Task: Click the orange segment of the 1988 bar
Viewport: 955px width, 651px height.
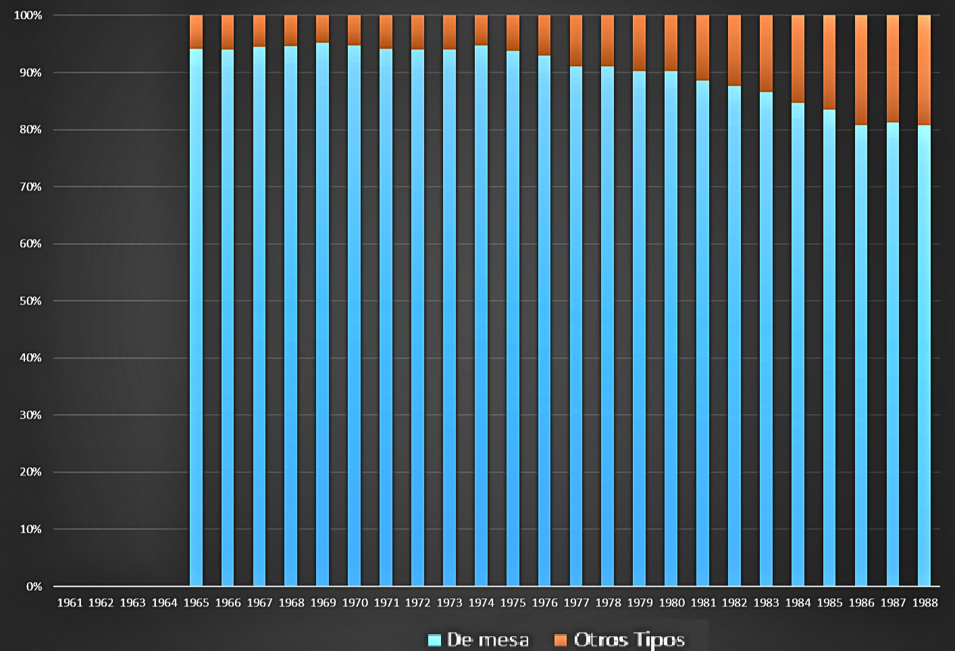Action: coord(924,70)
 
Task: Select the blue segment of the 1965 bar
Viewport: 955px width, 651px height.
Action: coord(196,317)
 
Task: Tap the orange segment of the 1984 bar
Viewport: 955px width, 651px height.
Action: coord(798,59)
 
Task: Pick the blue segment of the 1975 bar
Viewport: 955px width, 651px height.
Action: coord(513,318)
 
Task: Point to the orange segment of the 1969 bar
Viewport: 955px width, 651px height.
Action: coord(323,29)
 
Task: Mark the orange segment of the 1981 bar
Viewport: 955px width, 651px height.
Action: coord(702,47)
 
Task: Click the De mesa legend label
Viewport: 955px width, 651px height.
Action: coord(488,640)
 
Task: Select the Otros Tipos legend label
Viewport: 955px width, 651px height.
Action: coord(629,640)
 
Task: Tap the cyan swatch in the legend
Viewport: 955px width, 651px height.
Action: coord(434,640)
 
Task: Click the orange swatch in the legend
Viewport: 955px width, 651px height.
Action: coord(560,640)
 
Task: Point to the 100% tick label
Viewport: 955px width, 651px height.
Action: coord(28,15)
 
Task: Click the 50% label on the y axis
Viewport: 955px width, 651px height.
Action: coord(30,301)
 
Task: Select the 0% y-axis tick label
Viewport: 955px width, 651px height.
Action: coord(34,586)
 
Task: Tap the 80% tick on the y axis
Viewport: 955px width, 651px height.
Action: coord(30,129)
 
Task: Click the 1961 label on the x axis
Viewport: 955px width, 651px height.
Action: coord(70,602)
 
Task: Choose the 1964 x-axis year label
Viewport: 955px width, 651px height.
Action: coord(165,602)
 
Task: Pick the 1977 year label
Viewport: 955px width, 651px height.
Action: coord(576,602)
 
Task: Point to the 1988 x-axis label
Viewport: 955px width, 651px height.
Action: coord(925,602)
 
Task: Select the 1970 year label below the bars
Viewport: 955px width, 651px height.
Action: coord(355,602)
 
